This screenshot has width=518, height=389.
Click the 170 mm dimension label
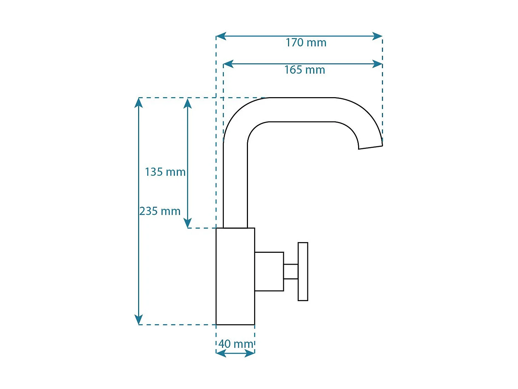(306, 43)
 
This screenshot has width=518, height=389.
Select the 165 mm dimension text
(305, 70)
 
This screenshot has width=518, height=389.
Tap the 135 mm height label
(165, 172)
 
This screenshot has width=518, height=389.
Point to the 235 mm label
(160, 211)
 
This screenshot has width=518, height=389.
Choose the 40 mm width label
(236, 344)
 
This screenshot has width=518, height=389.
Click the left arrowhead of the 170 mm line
(221, 36)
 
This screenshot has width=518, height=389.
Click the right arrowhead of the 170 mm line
(377, 36)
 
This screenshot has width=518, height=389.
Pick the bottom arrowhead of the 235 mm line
(138, 319)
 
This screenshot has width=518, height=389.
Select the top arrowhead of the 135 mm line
(188, 103)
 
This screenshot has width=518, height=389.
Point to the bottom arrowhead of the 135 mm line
(188, 223)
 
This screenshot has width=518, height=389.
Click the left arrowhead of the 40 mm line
(221, 353)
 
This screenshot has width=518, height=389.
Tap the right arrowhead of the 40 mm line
(250, 353)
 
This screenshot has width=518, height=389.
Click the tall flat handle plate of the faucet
(303, 272)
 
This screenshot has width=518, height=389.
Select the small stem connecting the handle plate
(291, 272)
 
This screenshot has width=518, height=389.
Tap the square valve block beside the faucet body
(269, 272)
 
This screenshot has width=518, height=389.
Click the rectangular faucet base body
(235, 276)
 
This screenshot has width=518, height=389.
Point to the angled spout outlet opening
(371, 148)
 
